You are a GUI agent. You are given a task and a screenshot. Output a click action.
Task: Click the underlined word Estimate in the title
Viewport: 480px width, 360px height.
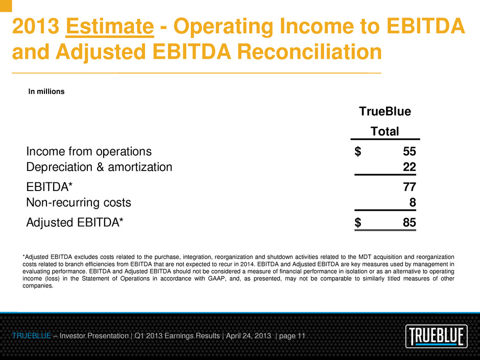pos(110,27)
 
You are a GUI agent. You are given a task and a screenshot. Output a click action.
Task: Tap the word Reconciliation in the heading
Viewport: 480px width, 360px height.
pos(309,52)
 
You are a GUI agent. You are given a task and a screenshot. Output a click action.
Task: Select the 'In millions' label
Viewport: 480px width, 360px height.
pos(46,91)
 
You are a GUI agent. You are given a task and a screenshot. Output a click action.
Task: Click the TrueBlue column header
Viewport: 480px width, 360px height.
pos(385,111)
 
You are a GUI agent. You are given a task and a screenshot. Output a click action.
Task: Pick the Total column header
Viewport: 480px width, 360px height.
pos(385,131)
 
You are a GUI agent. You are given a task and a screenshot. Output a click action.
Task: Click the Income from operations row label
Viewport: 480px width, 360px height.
pos(89,152)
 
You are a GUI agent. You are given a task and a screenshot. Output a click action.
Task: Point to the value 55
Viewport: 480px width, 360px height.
pos(410,151)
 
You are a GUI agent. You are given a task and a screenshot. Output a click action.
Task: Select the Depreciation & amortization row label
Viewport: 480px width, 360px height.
pos(99,167)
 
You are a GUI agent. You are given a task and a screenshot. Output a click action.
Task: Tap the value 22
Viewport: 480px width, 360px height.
pos(410,167)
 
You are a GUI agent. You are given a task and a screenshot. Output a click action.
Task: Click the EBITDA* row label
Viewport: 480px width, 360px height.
pos(50,187)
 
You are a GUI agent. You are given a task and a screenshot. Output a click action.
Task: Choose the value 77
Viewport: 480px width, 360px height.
pos(410,187)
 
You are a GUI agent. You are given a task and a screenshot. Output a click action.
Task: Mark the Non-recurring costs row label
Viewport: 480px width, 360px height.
pos(79,202)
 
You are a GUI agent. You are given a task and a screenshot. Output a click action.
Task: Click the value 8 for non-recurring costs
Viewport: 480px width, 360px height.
pos(413,202)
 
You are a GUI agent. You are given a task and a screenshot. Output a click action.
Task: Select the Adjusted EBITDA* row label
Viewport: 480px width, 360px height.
pos(75,223)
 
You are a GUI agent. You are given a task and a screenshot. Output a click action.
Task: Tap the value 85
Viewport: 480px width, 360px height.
pos(410,222)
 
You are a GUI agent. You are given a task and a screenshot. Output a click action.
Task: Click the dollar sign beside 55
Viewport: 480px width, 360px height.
pos(358,151)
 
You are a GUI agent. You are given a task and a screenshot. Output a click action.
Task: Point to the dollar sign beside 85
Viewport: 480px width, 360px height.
pos(358,222)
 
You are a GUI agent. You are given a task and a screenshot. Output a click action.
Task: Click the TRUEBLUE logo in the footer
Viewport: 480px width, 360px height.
pos(437,336)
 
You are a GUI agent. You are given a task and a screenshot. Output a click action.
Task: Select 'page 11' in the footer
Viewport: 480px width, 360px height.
pos(293,336)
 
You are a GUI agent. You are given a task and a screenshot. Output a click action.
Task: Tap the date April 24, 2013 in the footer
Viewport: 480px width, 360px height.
pos(248,336)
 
